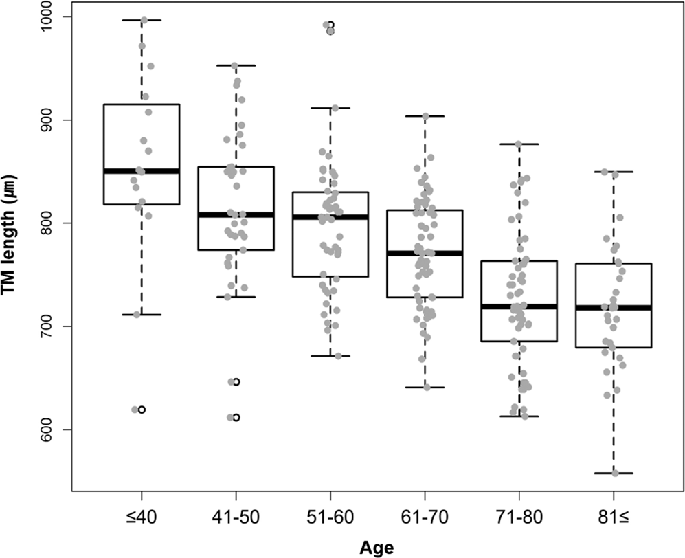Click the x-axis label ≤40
tap(142, 515)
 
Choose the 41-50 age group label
tap(236, 515)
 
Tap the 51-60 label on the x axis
tap(330, 515)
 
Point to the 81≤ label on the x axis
tap(614, 515)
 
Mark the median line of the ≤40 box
tap(142, 171)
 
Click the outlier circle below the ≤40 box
tap(142, 410)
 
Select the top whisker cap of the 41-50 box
tap(236, 65)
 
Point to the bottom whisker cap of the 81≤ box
tap(614, 473)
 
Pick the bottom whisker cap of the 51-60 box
tap(330, 356)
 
